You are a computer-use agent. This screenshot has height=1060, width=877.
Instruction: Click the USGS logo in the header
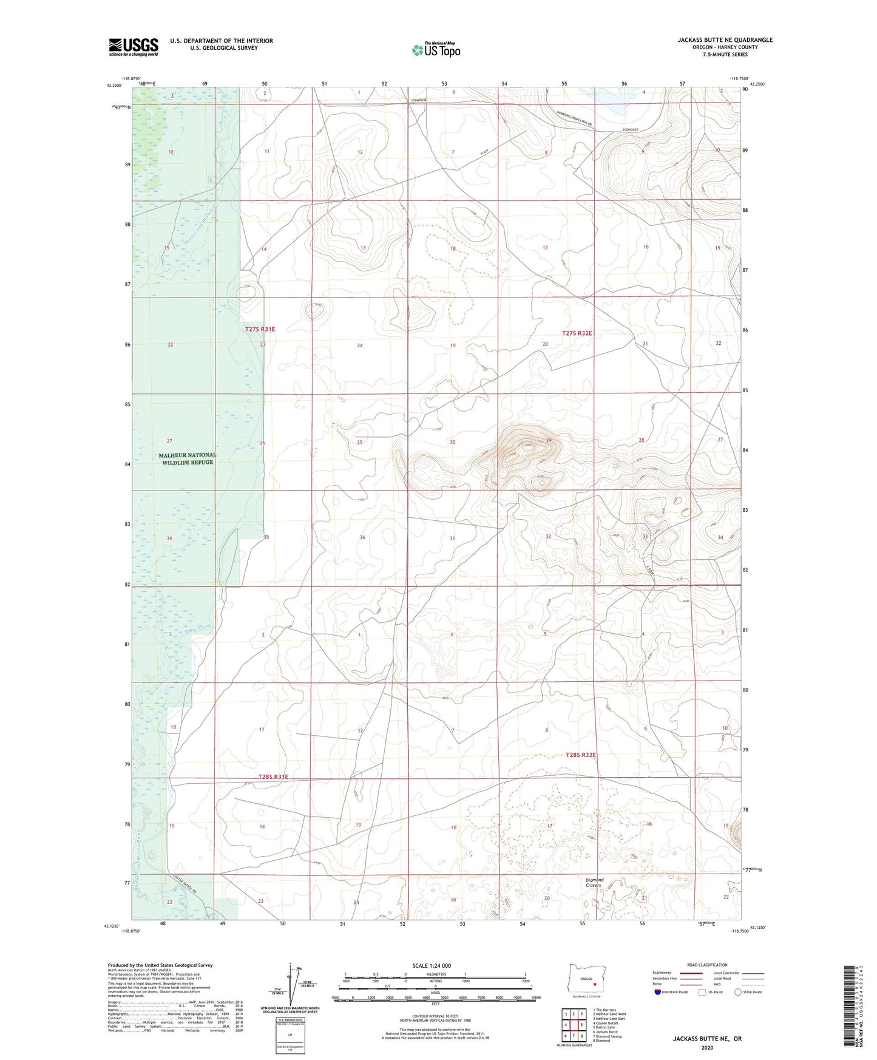coord(134,47)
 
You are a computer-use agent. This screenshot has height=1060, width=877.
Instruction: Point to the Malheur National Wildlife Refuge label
coord(187,458)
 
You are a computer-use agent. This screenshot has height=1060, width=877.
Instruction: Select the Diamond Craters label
coord(594,882)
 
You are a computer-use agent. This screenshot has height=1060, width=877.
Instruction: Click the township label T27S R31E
coord(260,329)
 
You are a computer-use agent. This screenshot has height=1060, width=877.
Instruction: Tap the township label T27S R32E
coord(577,333)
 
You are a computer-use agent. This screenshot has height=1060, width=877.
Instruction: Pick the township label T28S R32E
coord(581,755)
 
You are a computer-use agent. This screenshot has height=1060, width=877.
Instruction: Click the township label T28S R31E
coord(273,776)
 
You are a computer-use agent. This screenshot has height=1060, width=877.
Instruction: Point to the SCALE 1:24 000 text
coord(435,966)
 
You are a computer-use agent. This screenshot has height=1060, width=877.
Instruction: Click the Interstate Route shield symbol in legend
coord(658,992)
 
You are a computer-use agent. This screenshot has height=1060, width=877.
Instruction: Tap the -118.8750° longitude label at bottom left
coord(130,931)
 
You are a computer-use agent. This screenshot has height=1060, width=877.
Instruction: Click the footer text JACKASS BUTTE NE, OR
coord(707,1039)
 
